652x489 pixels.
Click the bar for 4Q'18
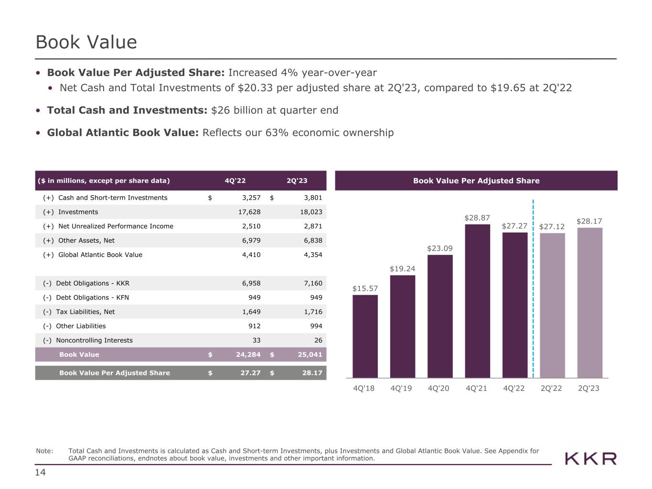point(365,336)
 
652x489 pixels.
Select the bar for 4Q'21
point(477,301)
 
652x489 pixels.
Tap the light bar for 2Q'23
point(589,303)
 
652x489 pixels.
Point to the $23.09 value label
point(439,248)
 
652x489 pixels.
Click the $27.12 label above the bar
point(552,226)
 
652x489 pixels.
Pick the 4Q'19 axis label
point(401,388)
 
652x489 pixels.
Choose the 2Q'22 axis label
point(551,388)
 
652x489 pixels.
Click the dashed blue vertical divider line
point(533,287)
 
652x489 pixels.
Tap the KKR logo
point(590,459)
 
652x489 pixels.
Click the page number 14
point(40,472)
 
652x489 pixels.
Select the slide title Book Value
point(86,42)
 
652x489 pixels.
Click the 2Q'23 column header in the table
point(297,181)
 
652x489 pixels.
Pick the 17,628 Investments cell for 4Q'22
point(249,212)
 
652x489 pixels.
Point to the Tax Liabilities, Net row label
point(86,312)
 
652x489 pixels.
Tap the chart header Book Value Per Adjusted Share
point(476,181)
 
